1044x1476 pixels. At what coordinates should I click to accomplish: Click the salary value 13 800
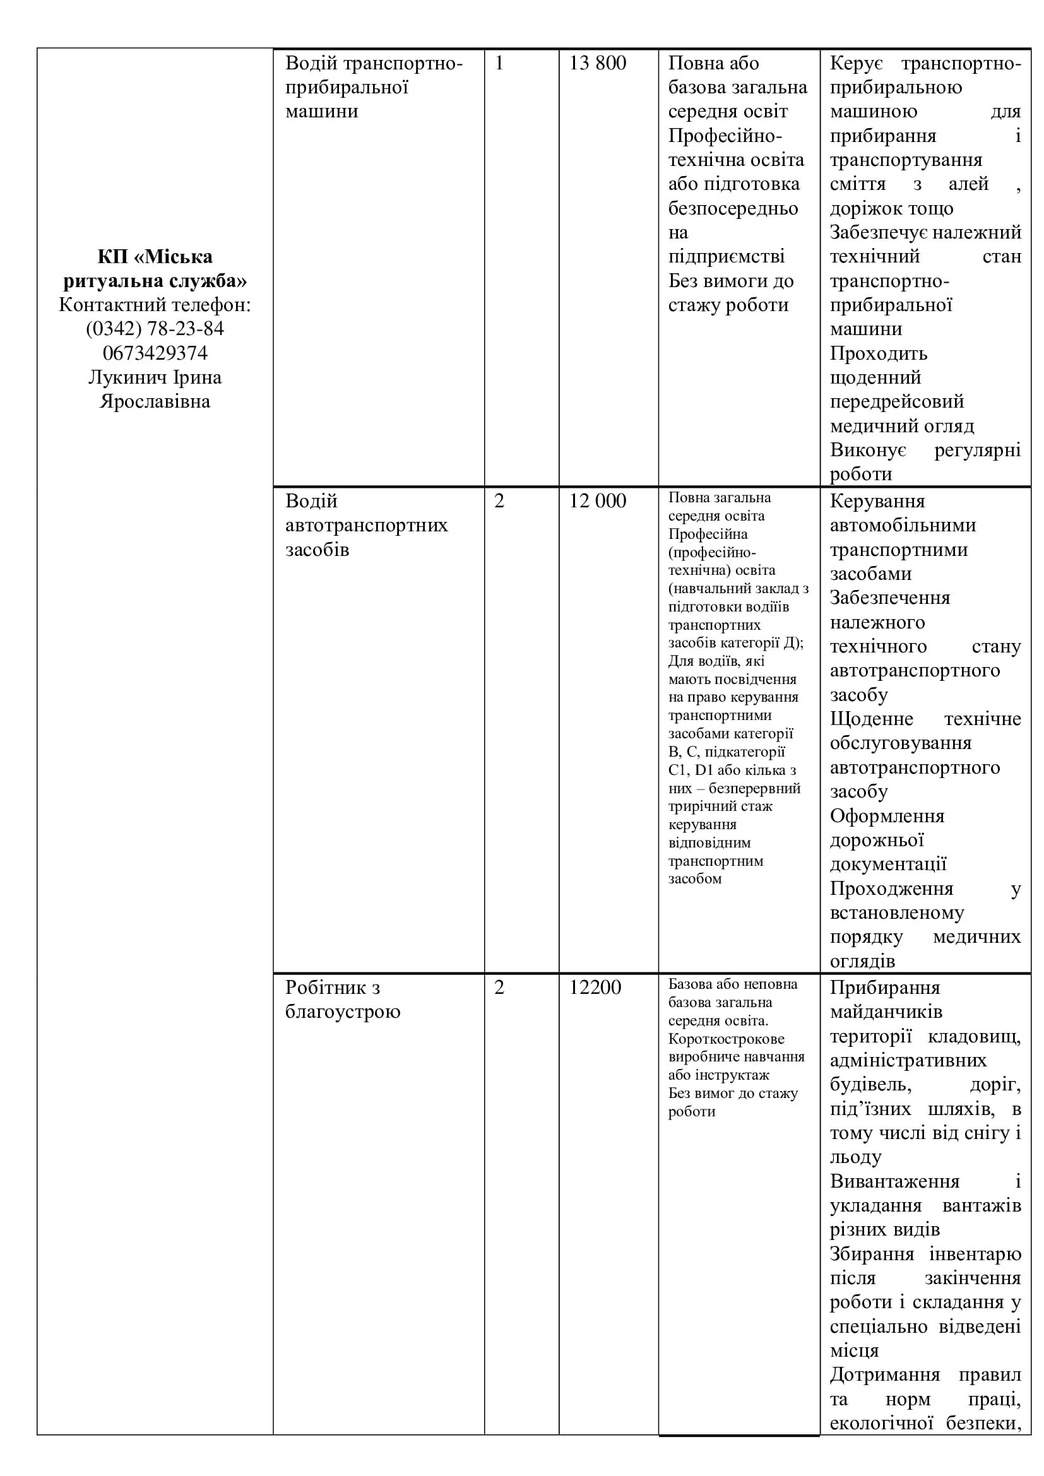(597, 63)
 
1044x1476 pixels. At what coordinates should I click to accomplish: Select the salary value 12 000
(597, 501)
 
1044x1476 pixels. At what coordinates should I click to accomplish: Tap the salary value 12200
(595, 988)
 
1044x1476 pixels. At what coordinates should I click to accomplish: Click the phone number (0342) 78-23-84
(155, 329)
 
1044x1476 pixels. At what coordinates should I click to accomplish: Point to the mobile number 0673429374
(155, 353)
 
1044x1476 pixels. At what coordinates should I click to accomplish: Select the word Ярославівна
(155, 402)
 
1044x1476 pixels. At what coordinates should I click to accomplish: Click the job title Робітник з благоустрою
(343, 1000)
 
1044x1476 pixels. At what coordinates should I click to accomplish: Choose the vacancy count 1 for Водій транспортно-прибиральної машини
(499, 63)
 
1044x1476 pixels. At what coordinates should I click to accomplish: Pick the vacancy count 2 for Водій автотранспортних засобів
(499, 501)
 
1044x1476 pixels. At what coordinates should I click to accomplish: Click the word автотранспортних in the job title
(367, 525)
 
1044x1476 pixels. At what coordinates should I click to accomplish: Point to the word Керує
(857, 63)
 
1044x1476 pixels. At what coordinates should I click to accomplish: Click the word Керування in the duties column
(877, 501)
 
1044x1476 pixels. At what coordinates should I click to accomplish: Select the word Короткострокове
(726, 1039)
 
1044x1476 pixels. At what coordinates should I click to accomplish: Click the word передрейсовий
(897, 402)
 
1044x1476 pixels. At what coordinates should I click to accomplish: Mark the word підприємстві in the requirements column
(727, 256)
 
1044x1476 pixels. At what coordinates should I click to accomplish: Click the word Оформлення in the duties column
(887, 817)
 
